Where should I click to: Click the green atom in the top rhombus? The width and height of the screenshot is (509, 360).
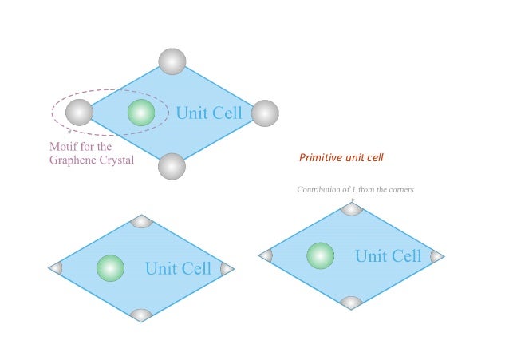pyautogui.click(x=141, y=113)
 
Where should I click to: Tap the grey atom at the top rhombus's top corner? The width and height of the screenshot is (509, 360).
pyautogui.click(x=172, y=61)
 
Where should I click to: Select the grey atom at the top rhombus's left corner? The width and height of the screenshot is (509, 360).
pyautogui.click(x=79, y=113)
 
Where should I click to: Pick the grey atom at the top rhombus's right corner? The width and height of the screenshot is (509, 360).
pyautogui.click(x=265, y=113)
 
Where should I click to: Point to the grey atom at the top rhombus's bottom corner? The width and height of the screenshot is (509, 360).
pyautogui.click(x=172, y=166)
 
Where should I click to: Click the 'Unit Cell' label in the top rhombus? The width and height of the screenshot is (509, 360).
pyautogui.click(x=208, y=113)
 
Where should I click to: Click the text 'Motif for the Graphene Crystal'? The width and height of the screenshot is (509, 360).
pyautogui.click(x=92, y=153)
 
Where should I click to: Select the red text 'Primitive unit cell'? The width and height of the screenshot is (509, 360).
pyautogui.click(x=341, y=158)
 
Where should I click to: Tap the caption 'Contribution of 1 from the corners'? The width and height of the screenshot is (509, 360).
pyautogui.click(x=355, y=189)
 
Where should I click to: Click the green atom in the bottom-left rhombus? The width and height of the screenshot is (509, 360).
pyautogui.click(x=110, y=267)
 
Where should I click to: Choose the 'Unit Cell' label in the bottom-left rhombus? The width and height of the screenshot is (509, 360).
pyautogui.click(x=178, y=268)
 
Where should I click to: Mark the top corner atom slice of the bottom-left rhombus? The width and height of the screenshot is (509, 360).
pyautogui.click(x=141, y=221)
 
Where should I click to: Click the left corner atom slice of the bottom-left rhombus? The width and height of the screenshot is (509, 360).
pyautogui.click(x=56, y=268)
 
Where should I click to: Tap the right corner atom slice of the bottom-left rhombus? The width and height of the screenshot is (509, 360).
pyautogui.click(x=227, y=268)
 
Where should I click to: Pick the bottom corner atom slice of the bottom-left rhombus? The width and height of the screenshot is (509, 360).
pyautogui.click(x=141, y=315)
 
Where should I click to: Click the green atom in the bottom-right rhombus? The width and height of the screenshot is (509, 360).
pyautogui.click(x=320, y=255)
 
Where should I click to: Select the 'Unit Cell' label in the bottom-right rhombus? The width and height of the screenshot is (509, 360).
pyautogui.click(x=388, y=256)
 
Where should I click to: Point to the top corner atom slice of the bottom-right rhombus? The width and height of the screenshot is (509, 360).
pyautogui.click(x=351, y=209)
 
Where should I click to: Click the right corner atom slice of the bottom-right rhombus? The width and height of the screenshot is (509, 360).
pyautogui.click(x=436, y=256)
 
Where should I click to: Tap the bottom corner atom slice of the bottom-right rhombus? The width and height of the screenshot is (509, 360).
pyautogui.click(x=351, y=303)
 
